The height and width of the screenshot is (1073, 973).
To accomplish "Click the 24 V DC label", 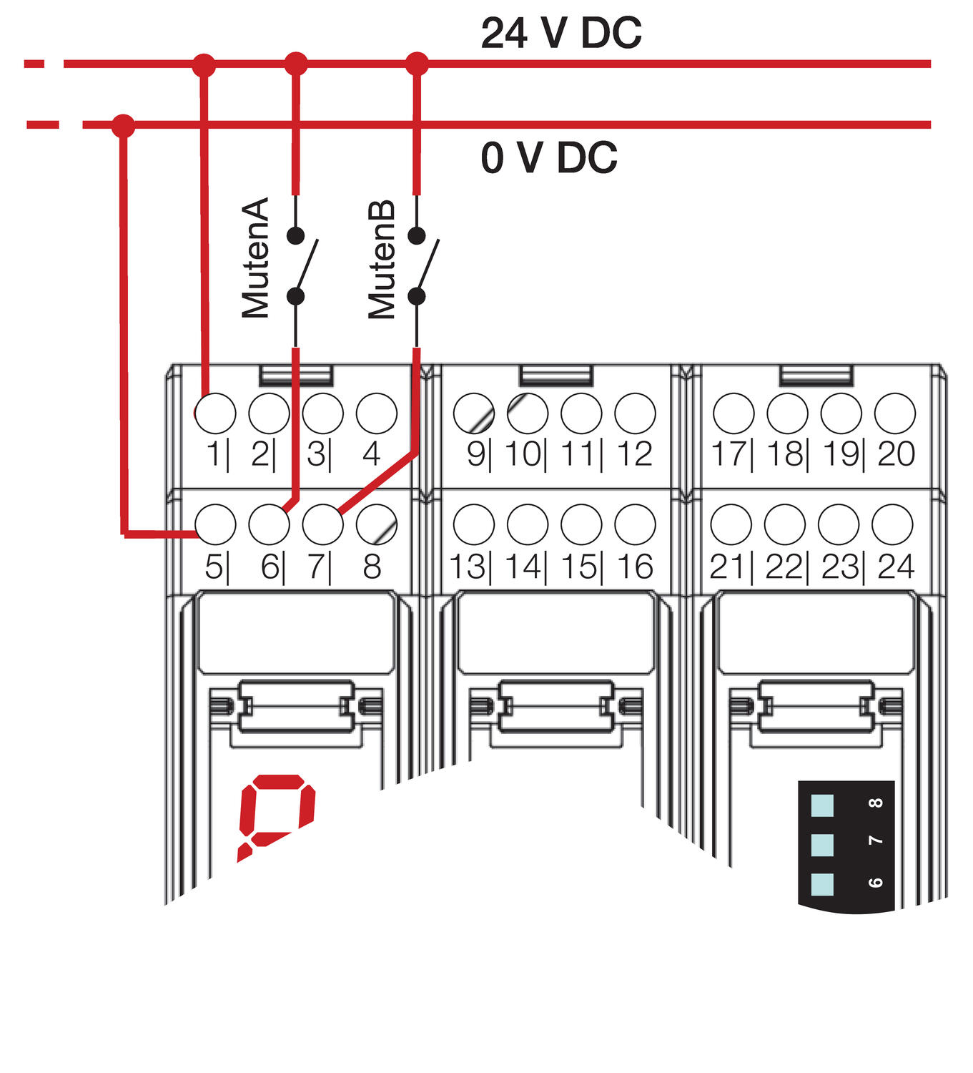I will (x=561, y=33).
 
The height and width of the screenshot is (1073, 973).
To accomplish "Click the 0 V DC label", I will (x=549, y=157).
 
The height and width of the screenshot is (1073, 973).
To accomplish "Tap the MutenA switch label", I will (x=255, y=258).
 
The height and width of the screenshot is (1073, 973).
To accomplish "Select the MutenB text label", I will (x=382, y=259).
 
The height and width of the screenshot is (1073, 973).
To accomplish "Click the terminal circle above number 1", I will (x=215, y=413).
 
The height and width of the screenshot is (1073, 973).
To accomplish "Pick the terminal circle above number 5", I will (x=215, y=524).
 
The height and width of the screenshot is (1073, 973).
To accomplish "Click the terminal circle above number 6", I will (x=269, y=524).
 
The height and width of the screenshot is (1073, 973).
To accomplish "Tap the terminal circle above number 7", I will (x=322, y=524).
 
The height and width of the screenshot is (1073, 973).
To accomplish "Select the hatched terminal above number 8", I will (x=376, y=524).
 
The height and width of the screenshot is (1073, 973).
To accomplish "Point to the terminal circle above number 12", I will (x=635, y=413).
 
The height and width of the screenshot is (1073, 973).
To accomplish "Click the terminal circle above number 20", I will (x=894, y=413).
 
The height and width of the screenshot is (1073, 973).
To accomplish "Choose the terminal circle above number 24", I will (x=892, y=524).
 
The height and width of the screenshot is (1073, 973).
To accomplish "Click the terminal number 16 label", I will (x=635, y=567).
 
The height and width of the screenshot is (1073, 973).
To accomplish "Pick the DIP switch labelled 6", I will (x=823, y=884).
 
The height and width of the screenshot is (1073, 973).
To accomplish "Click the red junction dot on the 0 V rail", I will (x=124, y=126).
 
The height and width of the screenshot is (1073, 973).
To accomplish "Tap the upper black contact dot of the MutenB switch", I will (x=417, y=235).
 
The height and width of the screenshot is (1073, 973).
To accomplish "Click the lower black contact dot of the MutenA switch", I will (x=295, y=296).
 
